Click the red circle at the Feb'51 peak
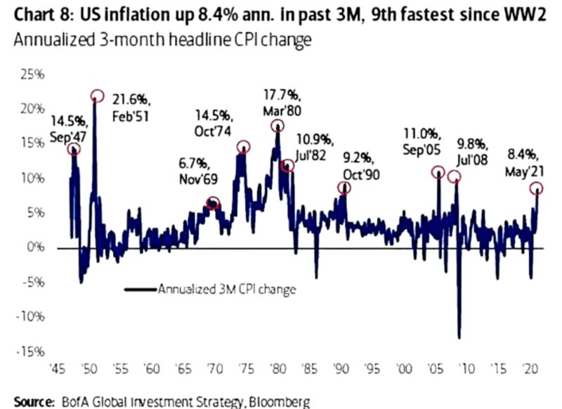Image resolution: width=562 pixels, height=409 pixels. pyautogui.click(x=97, y=96)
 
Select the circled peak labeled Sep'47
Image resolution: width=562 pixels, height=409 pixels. pyautogui.click(x=73, y=149)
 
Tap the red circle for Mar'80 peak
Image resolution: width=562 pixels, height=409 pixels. pyautogui.click(x=278, y=126)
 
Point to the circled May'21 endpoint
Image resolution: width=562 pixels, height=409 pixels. pyautogui.click(x=537, y=188)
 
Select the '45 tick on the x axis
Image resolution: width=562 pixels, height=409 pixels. pyautogui.click(x=58, y=367)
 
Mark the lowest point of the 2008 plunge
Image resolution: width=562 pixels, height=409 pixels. pyautogui.click(x=459, y=337)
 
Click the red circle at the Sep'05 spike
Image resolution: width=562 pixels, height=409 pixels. pyautogui.click(x=438, y=172)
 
